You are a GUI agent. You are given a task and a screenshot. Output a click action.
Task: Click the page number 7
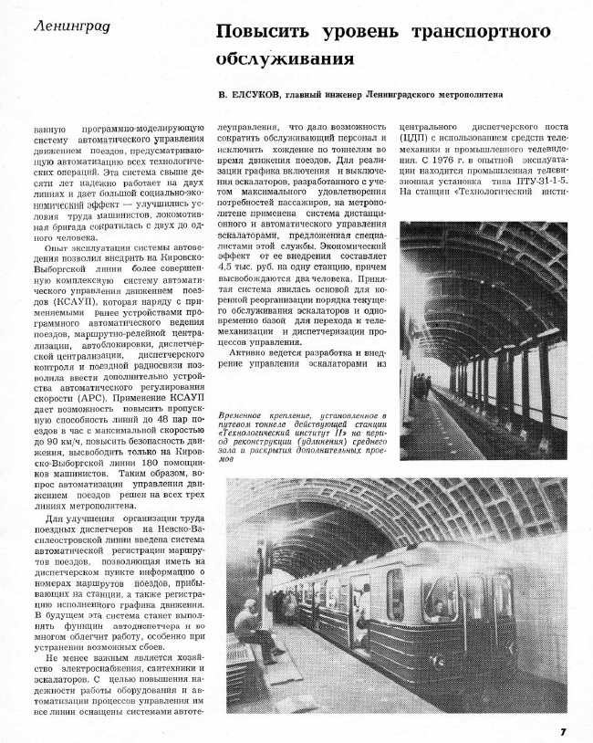click(x=564, y=730)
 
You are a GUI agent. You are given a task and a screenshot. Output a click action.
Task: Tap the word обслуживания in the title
click(x=284, y=58)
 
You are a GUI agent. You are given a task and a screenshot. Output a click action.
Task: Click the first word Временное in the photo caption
click(x=244, y=415)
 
